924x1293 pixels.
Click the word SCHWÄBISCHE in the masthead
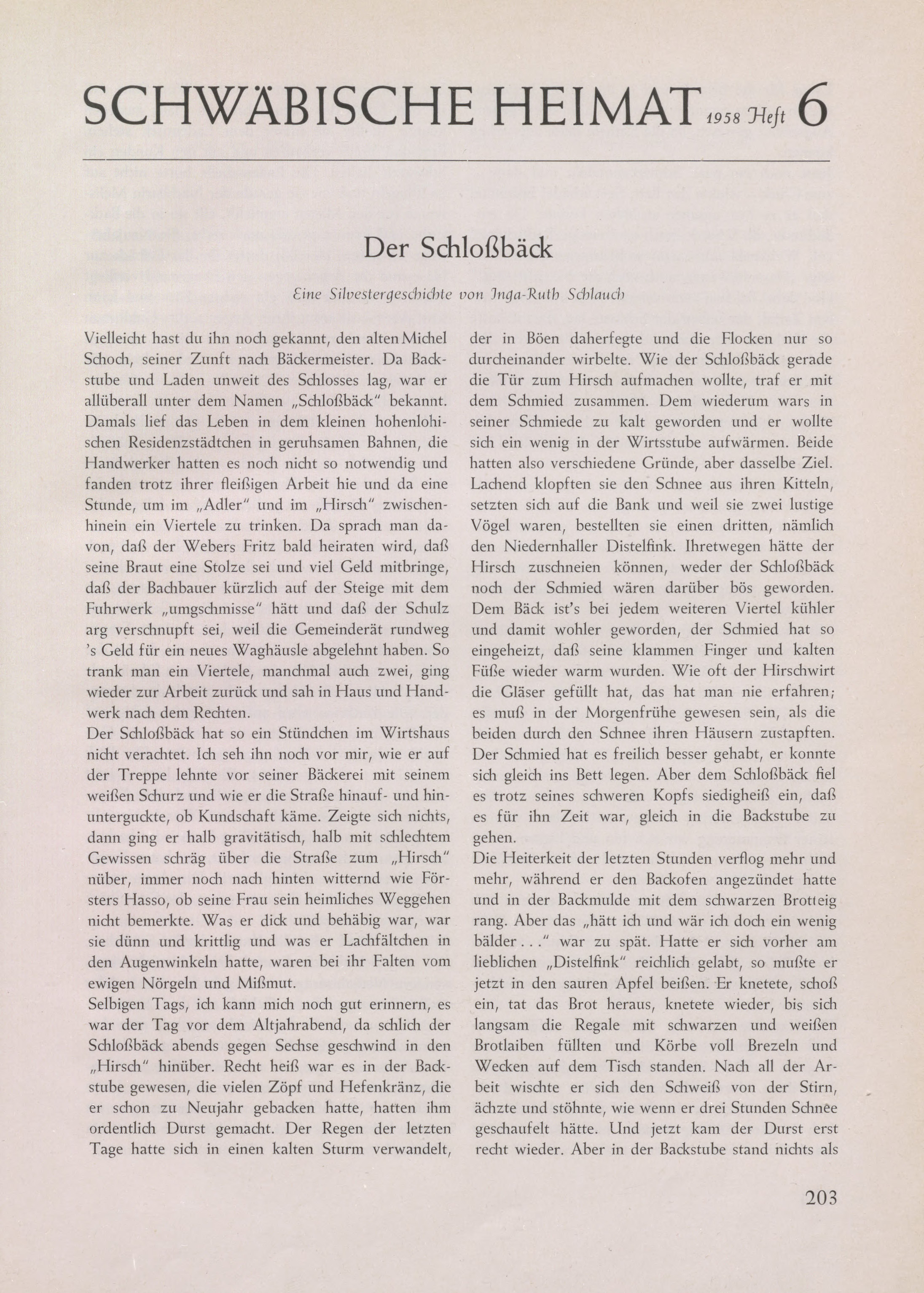[278, 107]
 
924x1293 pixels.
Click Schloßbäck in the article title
[487, 248]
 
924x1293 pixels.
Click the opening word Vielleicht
[117, 339]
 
